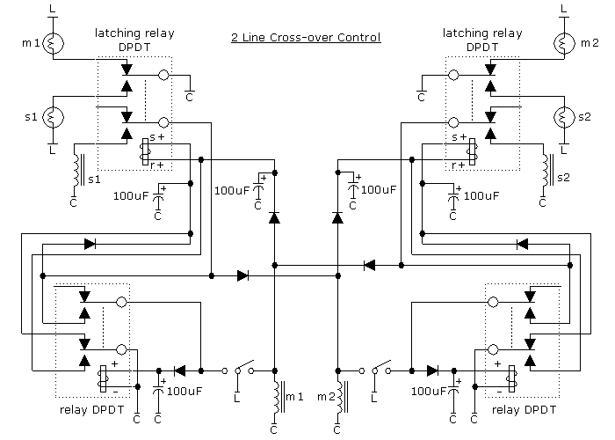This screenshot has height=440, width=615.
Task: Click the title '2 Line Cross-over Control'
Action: pos(306,37)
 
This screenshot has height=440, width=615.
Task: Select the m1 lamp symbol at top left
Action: pos(53,43)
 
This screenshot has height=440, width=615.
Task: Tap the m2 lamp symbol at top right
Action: pos(564,43)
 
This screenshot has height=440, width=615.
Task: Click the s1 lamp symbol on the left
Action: pos(53,117)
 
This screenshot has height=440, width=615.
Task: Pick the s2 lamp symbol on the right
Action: pos(564,117)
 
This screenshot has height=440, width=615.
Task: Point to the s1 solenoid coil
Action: pos(77,170)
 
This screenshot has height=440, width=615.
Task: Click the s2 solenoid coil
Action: pos(548,170)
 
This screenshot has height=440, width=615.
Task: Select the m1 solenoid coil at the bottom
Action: pos(279,397)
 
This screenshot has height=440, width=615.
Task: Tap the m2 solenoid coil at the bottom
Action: pos(341,397)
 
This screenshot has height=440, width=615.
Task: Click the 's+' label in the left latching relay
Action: pos(157,137)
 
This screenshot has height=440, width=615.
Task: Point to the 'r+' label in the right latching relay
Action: pos(459,165)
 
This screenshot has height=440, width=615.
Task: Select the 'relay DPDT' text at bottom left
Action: pos(91,410)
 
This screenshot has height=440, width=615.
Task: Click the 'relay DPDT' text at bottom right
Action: pos(524,410)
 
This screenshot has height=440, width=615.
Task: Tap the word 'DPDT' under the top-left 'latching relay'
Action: pos(134,48)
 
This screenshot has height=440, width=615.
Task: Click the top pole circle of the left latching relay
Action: pos(163,75)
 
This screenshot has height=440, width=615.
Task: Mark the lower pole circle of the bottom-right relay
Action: pos(493,349)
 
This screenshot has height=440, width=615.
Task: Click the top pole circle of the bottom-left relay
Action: pos(121,302)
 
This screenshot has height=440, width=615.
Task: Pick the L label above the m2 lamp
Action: pos(564,9)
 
